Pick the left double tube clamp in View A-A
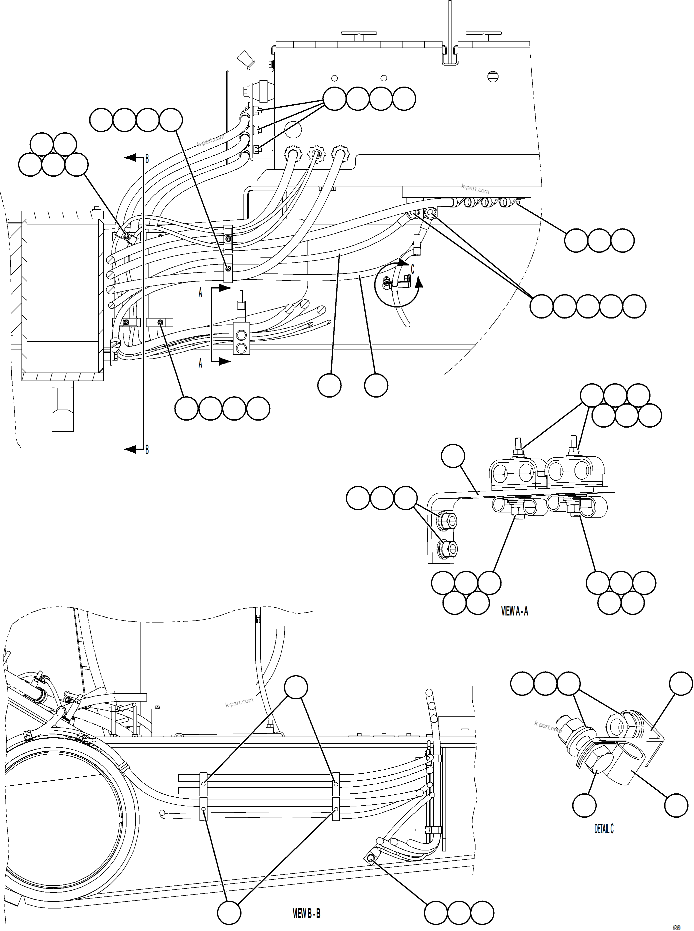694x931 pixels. (513, 473)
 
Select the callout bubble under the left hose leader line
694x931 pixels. (329, 385)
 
